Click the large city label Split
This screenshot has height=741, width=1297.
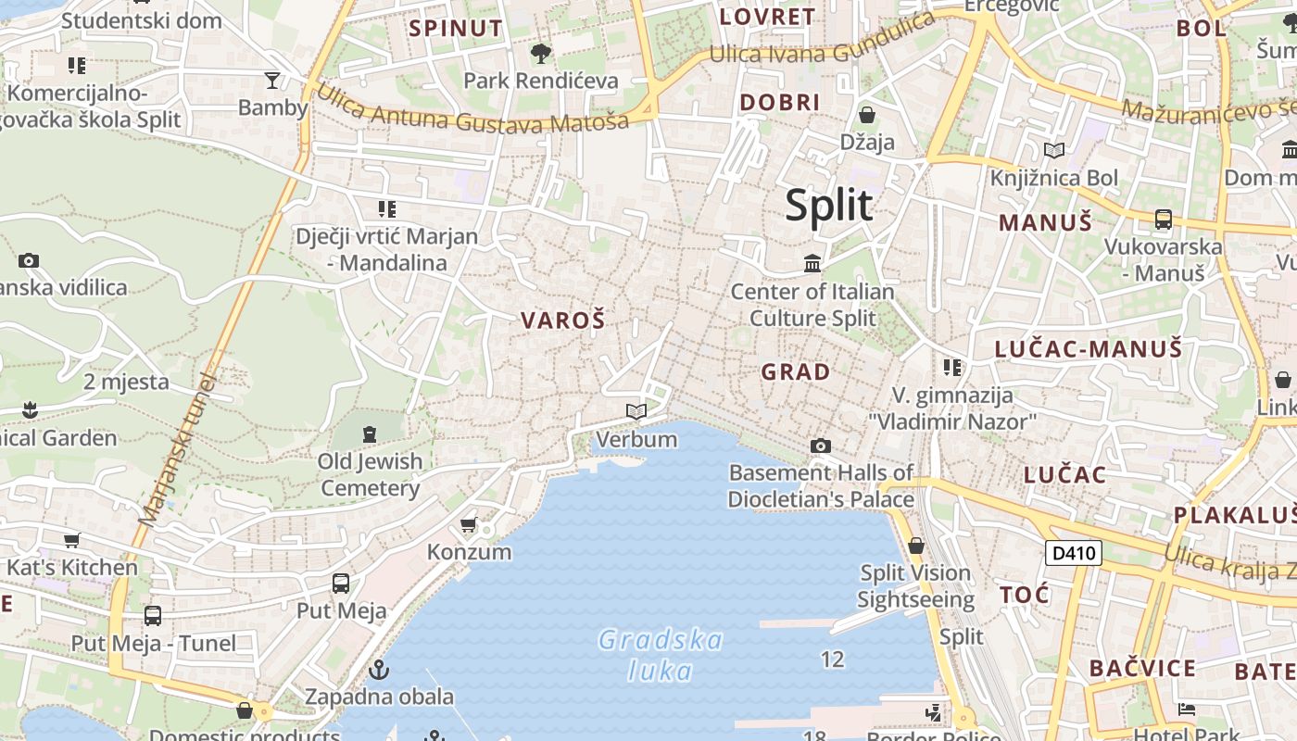tap(829, 206)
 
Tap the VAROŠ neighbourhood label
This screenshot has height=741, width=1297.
tap(562, 321)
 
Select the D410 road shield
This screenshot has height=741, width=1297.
tap(1073, 554)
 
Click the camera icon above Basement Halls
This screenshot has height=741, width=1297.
tap(820, 446)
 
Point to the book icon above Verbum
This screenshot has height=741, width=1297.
tap(636, 411)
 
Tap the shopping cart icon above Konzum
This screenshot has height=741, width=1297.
tap(469, 524)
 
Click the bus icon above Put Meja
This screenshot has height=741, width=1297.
tap(341, 583)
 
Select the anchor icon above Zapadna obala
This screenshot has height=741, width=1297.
tap(378, 669)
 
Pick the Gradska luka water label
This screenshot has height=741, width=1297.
tap(660, 655)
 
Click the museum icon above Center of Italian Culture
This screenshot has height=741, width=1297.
tap(812, 264)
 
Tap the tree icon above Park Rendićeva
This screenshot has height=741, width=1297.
tap(541, 54)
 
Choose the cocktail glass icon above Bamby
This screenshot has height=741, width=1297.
tap(272, 80)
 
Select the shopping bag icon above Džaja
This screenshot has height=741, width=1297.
tap(867, 115)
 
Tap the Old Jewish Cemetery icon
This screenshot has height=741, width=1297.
tap(370, 433)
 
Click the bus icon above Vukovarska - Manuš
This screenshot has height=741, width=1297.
tap(1163, 220)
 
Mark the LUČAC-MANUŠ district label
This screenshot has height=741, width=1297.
tap(1089, 349)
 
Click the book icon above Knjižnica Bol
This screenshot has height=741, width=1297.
tap(1053, 150)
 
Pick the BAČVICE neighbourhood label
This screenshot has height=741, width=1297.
tap(1142, 668)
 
